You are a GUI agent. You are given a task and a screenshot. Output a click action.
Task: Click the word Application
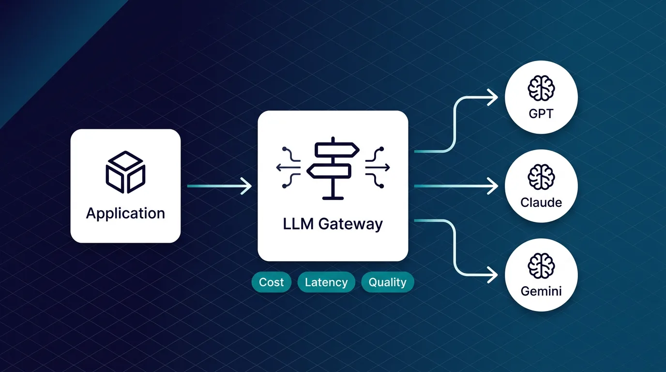pyautogui.click(x=125, y=214)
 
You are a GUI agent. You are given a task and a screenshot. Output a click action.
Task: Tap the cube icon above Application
pyautogui.click(x=125, y=172)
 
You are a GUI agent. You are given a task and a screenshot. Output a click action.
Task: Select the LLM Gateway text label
pyautogui.click(x=333, y=224)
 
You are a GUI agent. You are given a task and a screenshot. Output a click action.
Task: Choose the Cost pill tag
pyautogui.click(x=272, y=282)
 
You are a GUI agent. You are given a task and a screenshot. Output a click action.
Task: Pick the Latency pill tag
pyautogui.click(x=326, y=282)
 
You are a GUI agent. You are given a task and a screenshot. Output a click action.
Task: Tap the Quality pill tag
pyautogui.click(x=387, y=282)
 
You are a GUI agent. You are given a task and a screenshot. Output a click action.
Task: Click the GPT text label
pyautogui.click(x=541, y=115)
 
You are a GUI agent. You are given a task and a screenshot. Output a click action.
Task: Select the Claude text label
pyautogui.click(x=541, y=202)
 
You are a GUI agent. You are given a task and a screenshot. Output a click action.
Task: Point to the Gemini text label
pyautogui.click(x=541, y=292)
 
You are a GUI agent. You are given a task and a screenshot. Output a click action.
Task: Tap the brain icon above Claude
pyautogui.click(x=541, y=176)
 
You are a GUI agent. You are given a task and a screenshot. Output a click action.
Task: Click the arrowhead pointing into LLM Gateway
pyautogui.click(x=247, y=186)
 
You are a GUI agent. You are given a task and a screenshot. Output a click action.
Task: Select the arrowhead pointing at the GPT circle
pyautogui.click(x=493, y=98)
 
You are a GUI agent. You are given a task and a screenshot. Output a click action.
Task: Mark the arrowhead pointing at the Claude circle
pyautogui.click(x=493, y=186)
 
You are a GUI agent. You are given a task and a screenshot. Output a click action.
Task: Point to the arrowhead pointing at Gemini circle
pyautogui.click(x=493, y=275)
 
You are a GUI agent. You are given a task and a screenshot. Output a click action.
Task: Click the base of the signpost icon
pyautogui.click(x=333, y=197)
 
